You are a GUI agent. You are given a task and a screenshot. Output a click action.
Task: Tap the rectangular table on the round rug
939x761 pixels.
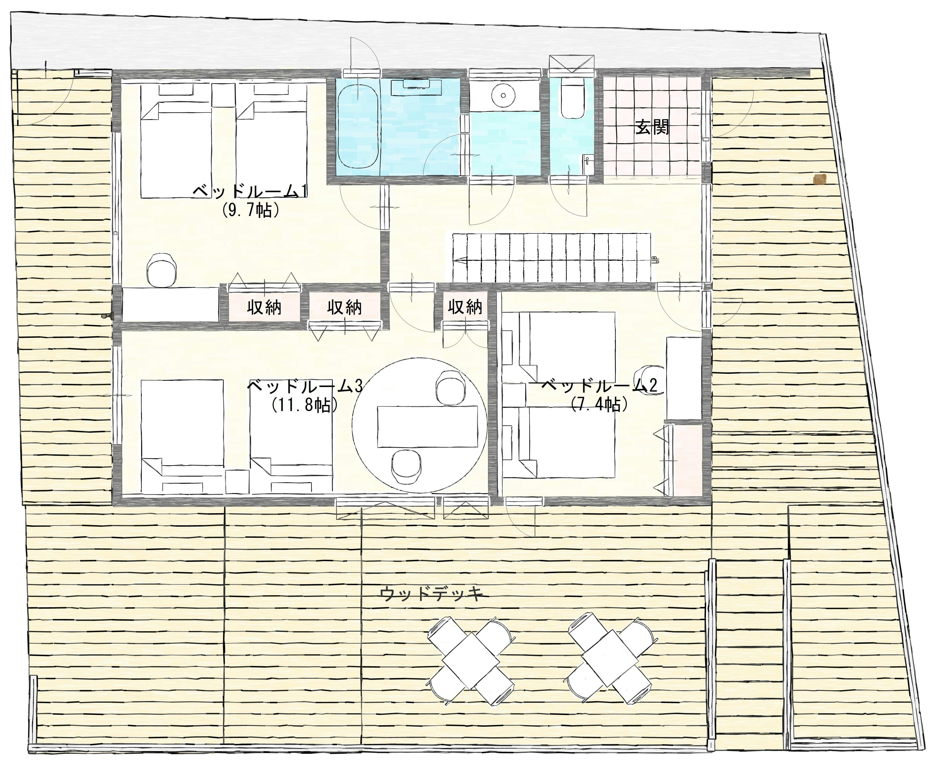click(428, 426)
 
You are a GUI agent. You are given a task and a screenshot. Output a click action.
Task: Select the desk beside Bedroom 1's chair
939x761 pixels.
click(170, 304)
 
